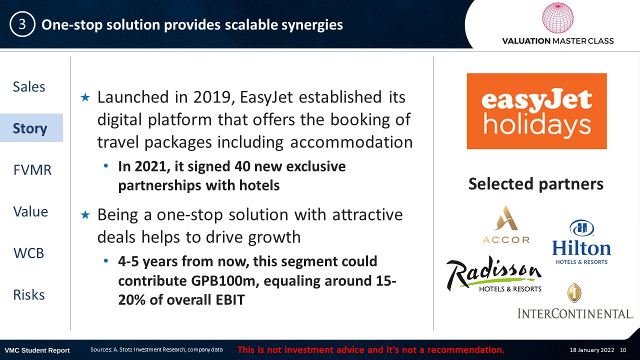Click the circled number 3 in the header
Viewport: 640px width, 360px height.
[22, 24]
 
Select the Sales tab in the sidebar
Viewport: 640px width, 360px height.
[29, 86]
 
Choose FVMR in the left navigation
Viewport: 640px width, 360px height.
[32, 170]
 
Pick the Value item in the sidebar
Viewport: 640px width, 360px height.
[30, 211]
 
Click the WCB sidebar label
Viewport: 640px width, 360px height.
[28, 253]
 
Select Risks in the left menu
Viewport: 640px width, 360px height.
[29, 295]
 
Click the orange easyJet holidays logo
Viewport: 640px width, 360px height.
[536, 111]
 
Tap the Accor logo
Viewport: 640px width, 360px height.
[506, 224]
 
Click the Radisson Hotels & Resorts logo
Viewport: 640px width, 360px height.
[494, 274]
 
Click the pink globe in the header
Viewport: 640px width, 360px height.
[557, 17]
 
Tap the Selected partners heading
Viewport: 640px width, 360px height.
[536, 183]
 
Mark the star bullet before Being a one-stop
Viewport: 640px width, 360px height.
[85, 215]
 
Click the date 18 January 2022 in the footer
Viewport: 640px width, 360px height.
[591, 350]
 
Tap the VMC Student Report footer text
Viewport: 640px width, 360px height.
[37, 350]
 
